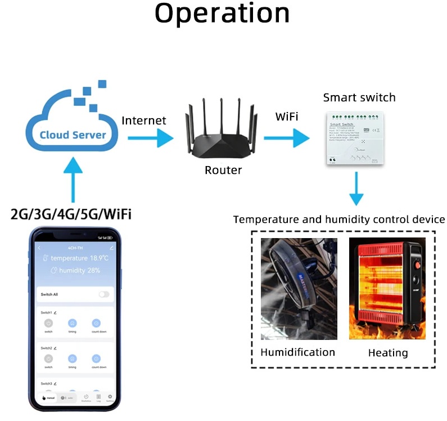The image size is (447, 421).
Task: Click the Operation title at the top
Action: pyautogui.click(x=223, y=14)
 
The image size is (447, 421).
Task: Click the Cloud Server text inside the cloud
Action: pyautogui.click(x=73, y=135)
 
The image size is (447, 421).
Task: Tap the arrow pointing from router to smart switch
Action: pyautogui.click(x=286, y=137)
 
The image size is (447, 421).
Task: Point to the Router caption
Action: pyautogui.click(x=223, y=170)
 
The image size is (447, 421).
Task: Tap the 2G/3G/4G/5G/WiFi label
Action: pyautogui.click(x=71, y=214)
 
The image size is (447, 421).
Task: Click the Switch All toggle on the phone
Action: pyautogui.click(x=104, y=294)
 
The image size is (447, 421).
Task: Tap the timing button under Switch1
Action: pyautogui.click(x=73, y=324)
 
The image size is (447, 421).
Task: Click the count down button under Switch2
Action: pyautogui.click(x=96, y=359)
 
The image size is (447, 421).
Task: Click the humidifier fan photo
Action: pyautogui.click(x=299, y=289)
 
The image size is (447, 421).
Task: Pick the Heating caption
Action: pyautogui.click(x=387, y=353)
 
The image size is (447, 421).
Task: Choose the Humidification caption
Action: pyautogui.click(x=297, y=352)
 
